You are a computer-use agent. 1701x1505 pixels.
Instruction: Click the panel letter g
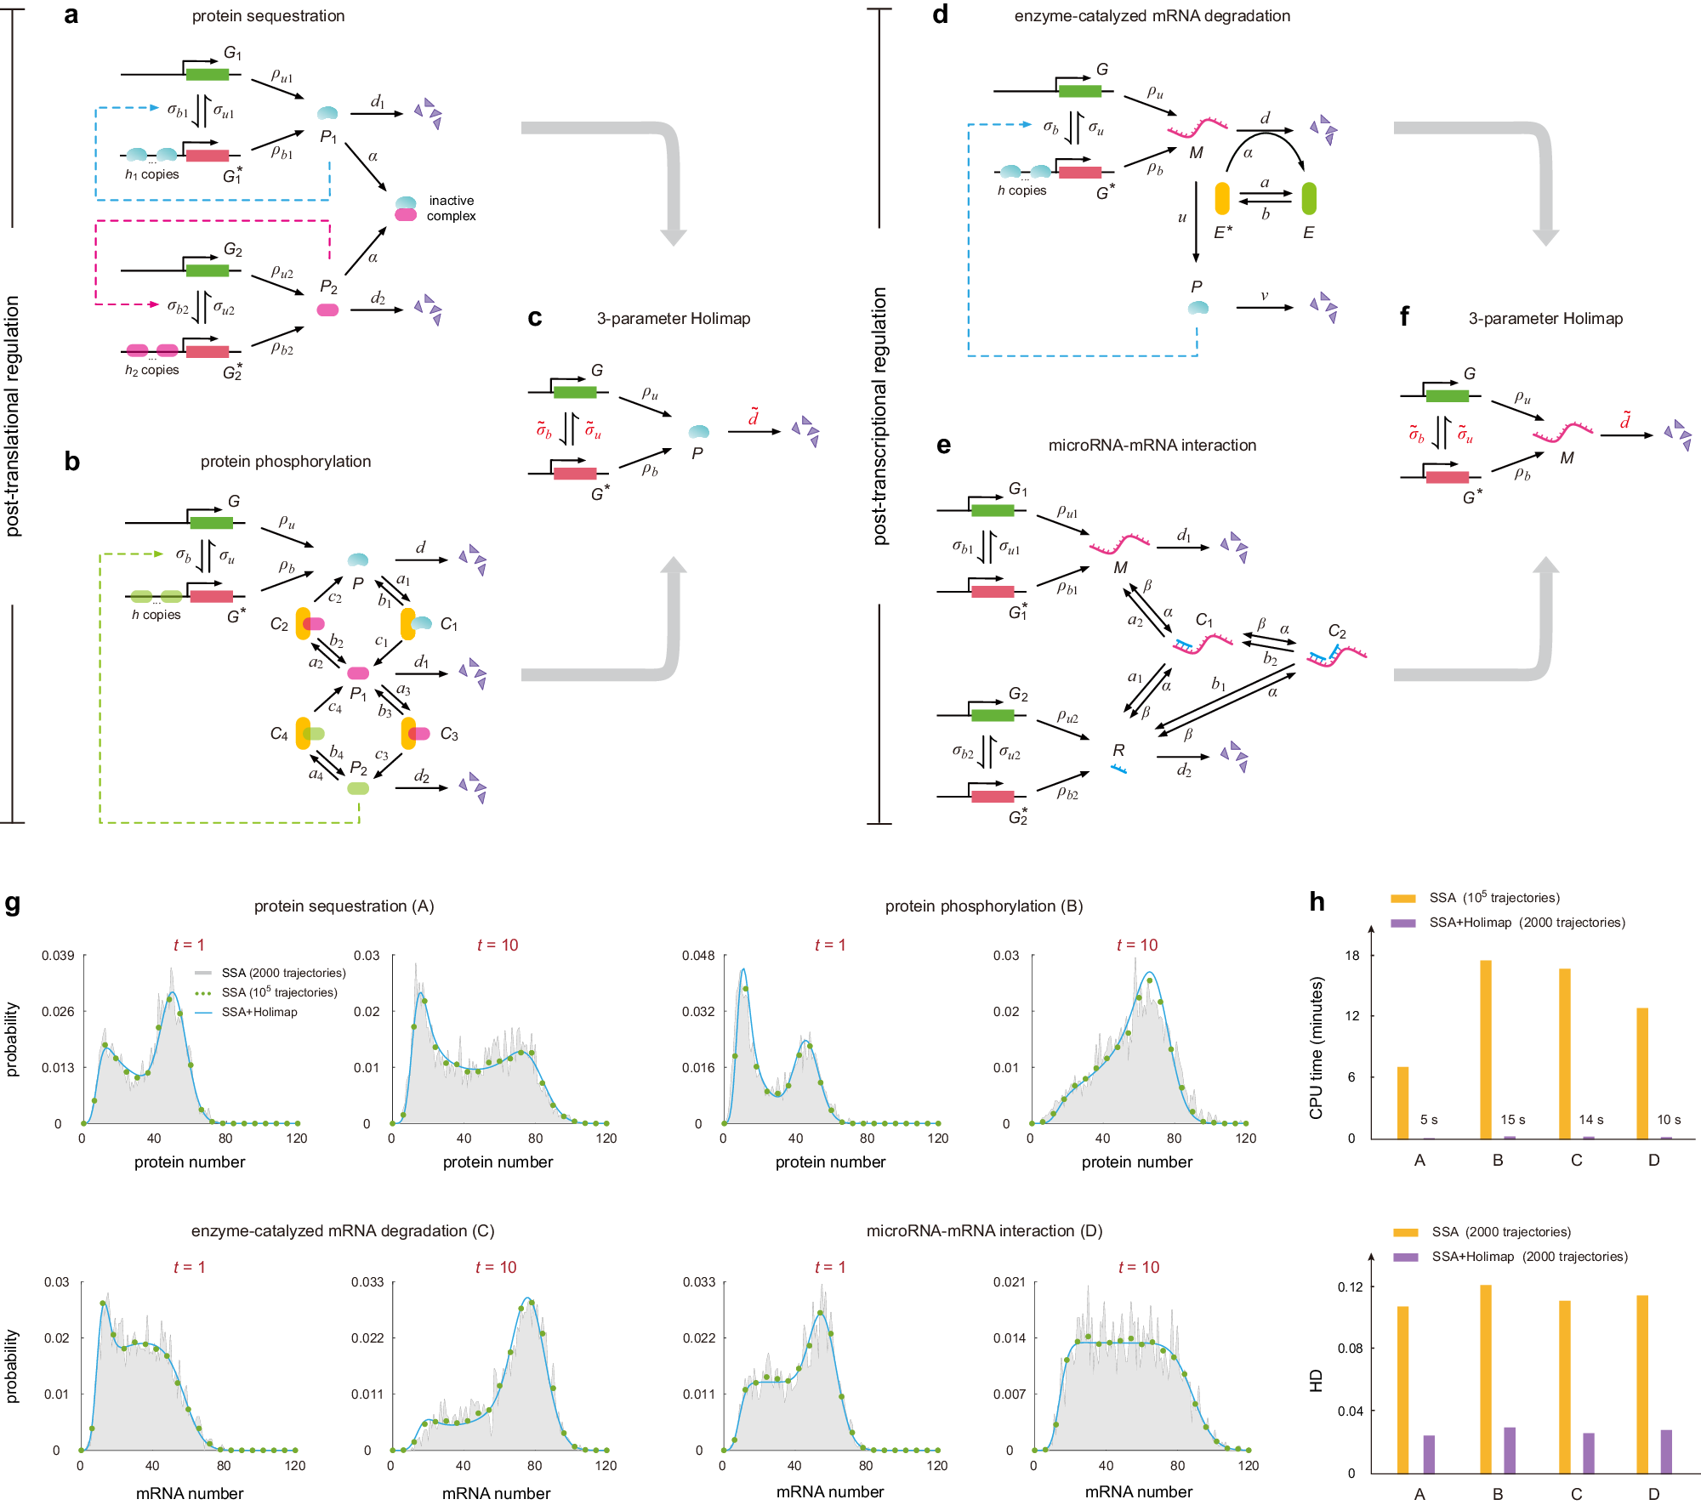pyautogui.click(x=13, y=903)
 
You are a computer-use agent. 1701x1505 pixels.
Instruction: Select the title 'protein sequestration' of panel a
pyautogui.click(x=268, y=16)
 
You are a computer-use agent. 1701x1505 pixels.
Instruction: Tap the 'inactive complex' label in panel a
pyautogui.click(x=451, y=208)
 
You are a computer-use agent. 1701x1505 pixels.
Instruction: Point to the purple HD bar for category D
pyautogui.click(x=1666, y=1451)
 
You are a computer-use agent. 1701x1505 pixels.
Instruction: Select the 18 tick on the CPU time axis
pyautogui.click(x=1352, y=956)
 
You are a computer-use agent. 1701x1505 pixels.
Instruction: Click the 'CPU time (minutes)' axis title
pyautogui.click(x=1317, y=1048)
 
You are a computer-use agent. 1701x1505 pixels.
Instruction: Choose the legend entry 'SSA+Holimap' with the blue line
pyautogui.click(x=259, y=1012)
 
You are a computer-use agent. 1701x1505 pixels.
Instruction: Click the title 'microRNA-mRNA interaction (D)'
pyautogui.click(x=984, y=1231)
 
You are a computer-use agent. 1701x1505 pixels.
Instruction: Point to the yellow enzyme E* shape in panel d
pyautogui.click(x=1222, y=198)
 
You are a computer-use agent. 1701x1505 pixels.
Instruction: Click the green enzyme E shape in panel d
pyautogui.click(x=1309, y=198)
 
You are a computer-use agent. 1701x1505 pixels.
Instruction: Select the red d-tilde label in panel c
pyautogui.click(x=754, y=417)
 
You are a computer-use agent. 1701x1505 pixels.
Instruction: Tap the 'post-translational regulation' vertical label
pyautogui.click(x=13, y=416)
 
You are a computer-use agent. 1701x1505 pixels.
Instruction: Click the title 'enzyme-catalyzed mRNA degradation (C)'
pyautogui.click(x=343, y=1231)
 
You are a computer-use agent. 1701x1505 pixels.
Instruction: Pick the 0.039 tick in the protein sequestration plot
pyautogui.click(x=58, y=956)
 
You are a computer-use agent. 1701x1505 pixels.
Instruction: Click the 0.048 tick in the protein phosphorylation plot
pyautogui.click(x=698, y=956)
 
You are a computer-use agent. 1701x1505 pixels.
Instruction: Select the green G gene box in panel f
pyautogui.click(x=1448, y=396)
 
